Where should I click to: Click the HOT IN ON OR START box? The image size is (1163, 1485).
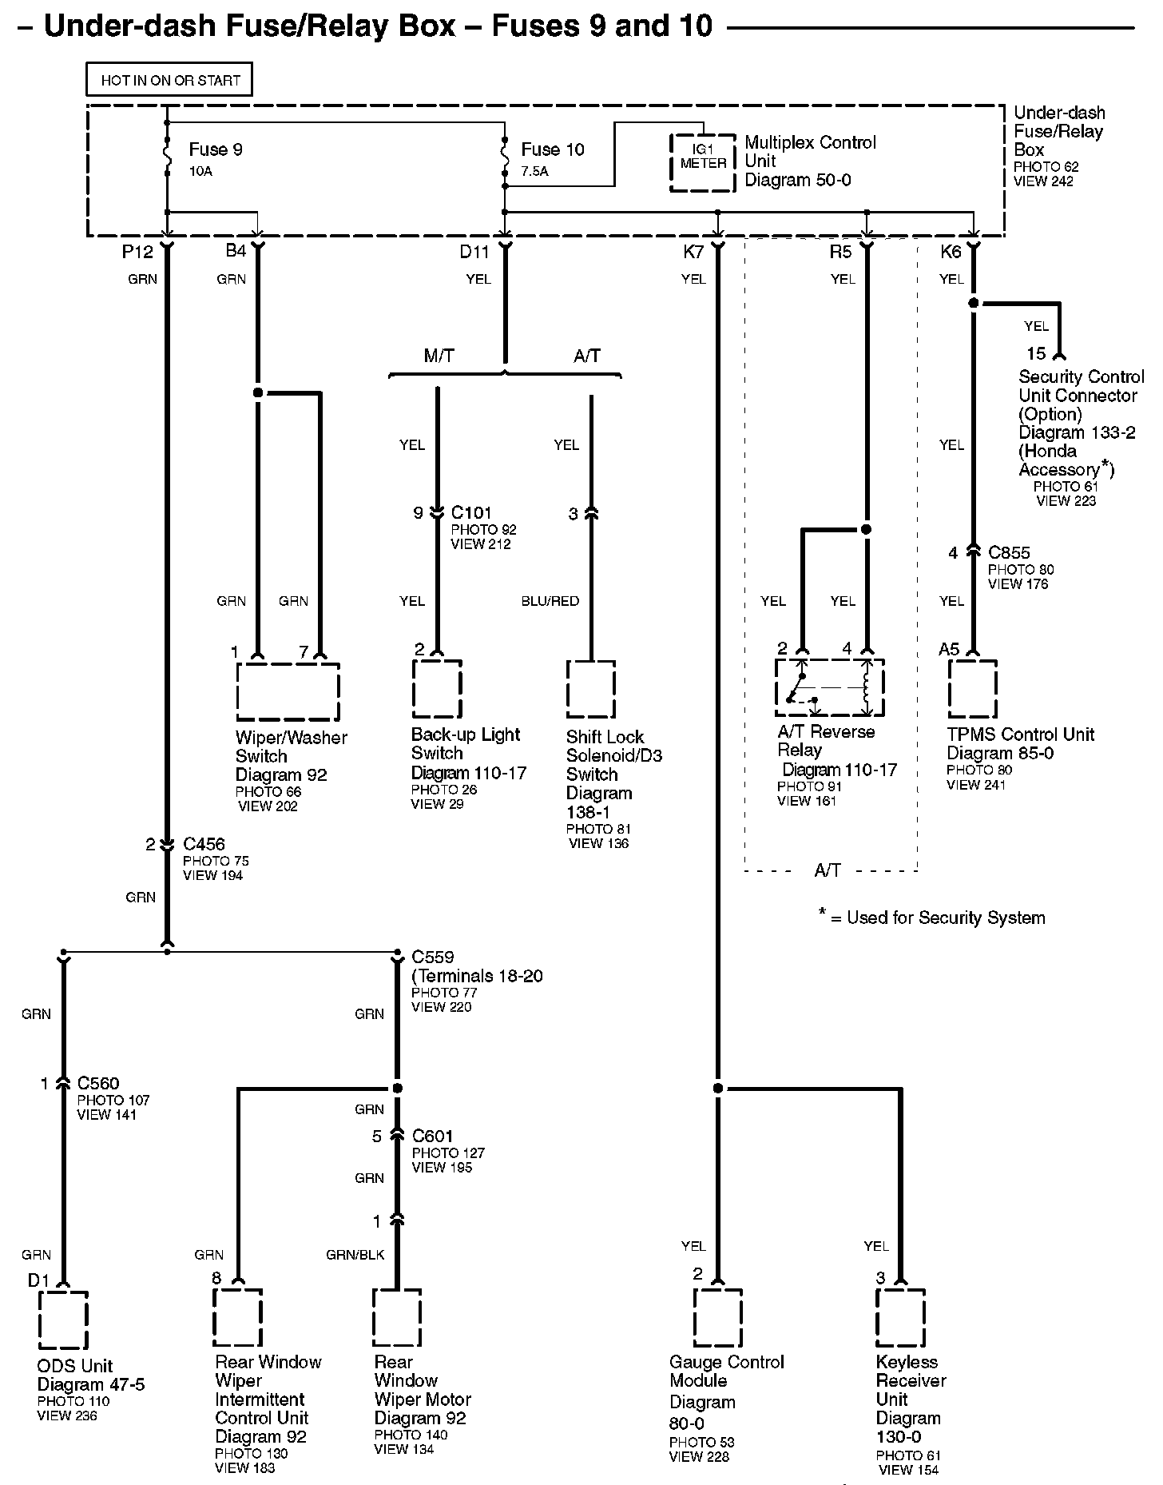pos(169,80)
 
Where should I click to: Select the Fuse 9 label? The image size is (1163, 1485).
pos(216,149)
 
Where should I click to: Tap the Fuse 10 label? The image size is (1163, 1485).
pos(553,149)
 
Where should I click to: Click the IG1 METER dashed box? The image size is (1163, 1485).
pos(702,162)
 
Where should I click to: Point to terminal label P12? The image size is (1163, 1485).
pos(137,252)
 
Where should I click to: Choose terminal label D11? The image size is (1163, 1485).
pos(474,253)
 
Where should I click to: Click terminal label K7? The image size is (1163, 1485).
pos(693,253)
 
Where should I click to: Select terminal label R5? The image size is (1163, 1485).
pos(841,253)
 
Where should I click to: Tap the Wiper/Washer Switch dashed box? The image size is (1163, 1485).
pos(288,691)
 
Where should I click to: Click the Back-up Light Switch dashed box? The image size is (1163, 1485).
pos(437,689)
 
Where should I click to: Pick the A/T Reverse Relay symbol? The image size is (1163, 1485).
pos(830,687)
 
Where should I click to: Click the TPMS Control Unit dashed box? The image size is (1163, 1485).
pos(972,689)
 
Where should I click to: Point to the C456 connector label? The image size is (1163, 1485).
pos(204,844)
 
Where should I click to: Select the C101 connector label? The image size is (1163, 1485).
pos(471,512)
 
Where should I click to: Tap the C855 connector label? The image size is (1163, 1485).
pos(1009,552)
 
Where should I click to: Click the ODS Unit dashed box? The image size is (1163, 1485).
pos(63,1320)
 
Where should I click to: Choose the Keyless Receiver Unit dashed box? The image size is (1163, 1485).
pos(900,1318)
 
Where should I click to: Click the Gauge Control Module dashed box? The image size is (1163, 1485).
pos(718,1318)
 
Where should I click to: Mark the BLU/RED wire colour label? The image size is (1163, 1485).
pos(550,601)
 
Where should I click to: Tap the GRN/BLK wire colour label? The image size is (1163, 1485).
pos(355,1255)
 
